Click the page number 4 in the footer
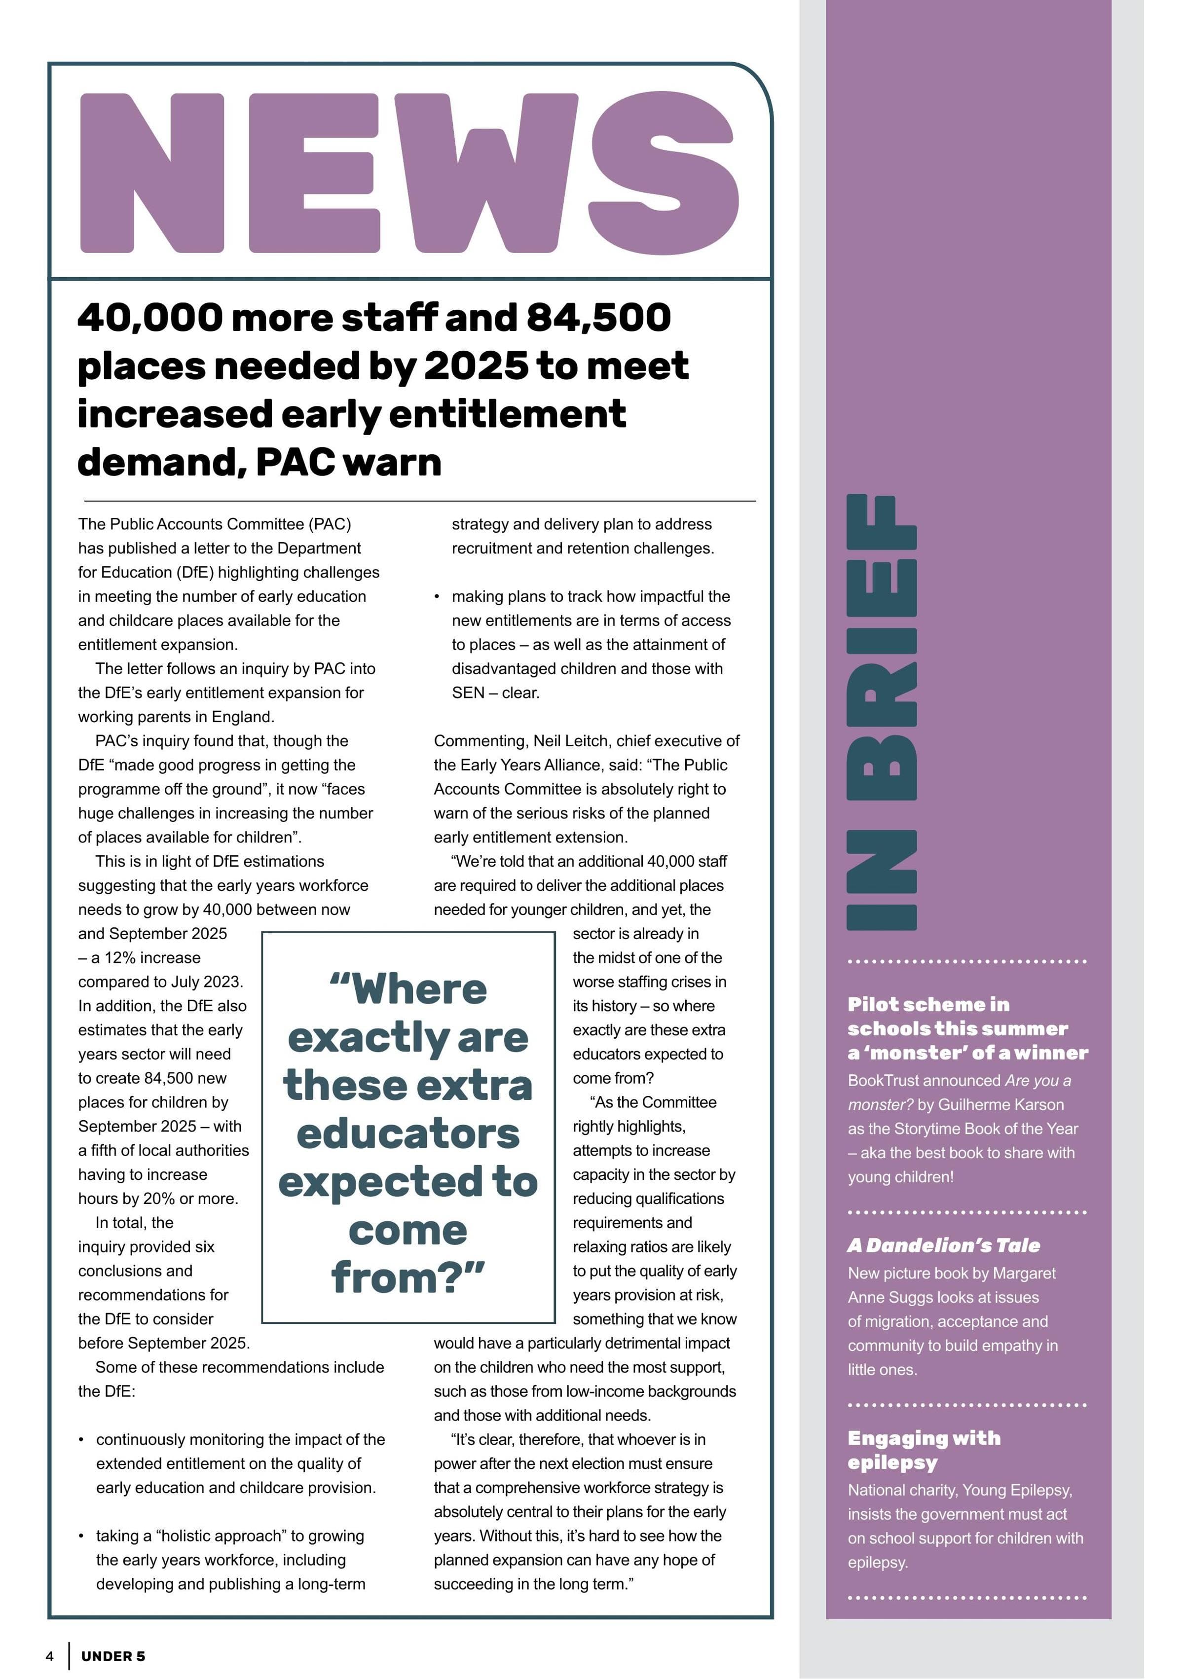(x=50, y=1656)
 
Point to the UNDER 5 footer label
(x=113, y=1656)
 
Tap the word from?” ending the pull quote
(x=408, y=1277)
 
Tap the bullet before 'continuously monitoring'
(x=81, y=1440)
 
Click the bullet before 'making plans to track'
(x=437, y=597)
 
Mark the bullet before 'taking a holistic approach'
(x=81, y=1535)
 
